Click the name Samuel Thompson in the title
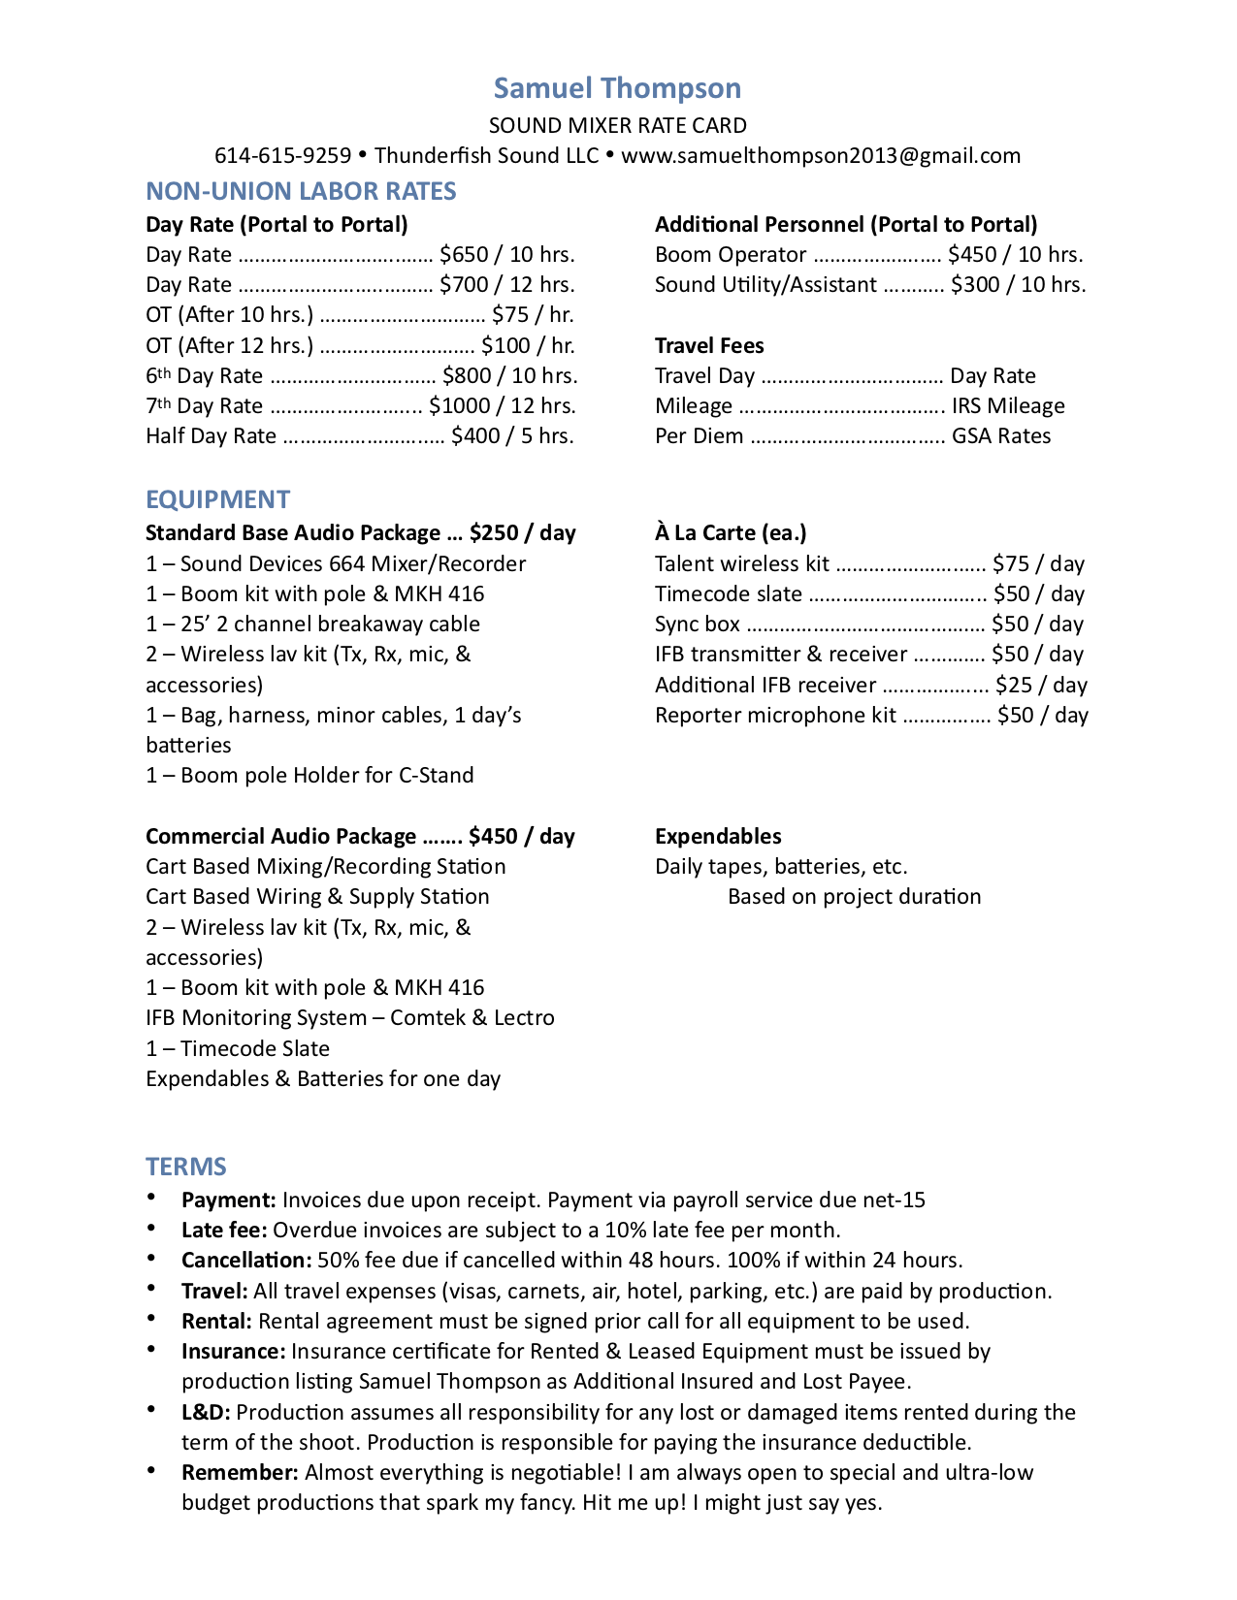617,88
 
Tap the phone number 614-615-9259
282,156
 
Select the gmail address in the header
821,156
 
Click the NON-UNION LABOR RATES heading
301,191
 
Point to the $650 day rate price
464,255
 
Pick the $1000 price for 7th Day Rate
459,406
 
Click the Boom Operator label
731,255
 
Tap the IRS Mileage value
1008,406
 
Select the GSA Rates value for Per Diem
1001,436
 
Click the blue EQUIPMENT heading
217,499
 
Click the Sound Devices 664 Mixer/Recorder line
336,564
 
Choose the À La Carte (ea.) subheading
731,533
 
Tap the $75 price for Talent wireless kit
1011,564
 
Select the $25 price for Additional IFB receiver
1014,686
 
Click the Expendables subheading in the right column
718,837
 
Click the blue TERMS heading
186,1167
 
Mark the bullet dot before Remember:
152,1471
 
